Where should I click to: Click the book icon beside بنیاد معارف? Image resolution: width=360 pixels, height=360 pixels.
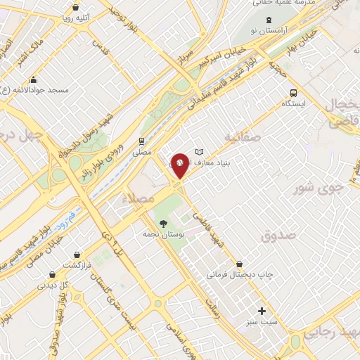click(x=199, y=152)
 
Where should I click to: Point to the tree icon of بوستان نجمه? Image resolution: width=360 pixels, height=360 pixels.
click(x=163, y=224)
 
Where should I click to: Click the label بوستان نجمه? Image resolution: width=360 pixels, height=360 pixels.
click(x=162, y=234)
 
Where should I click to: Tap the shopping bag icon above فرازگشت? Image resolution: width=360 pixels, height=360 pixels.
click(x=77, y=254)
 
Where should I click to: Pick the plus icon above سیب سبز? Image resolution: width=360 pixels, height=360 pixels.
click(x=262, y=310)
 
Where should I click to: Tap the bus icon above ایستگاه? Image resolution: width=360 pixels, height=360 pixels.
click(x=292, y=93)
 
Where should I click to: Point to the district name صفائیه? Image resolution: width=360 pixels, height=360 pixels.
click(x=243, y=135)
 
